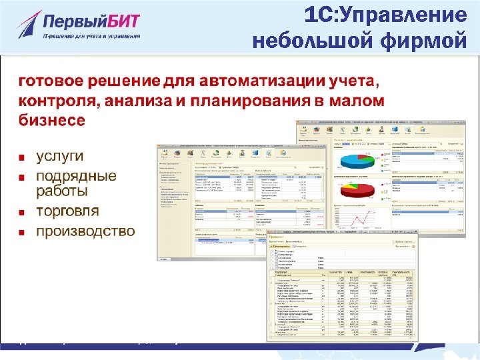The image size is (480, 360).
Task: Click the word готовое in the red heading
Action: tap(51, 82)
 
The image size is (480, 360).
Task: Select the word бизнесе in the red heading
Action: tap(51, 121)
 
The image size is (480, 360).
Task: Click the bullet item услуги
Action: tap(59, 157)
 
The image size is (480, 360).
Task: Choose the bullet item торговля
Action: tap(67, 211)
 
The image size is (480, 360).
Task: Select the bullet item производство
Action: tap(85, 231)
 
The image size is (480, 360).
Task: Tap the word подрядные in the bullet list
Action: tap(75, 177)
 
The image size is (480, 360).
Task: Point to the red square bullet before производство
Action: tap(22, 233)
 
